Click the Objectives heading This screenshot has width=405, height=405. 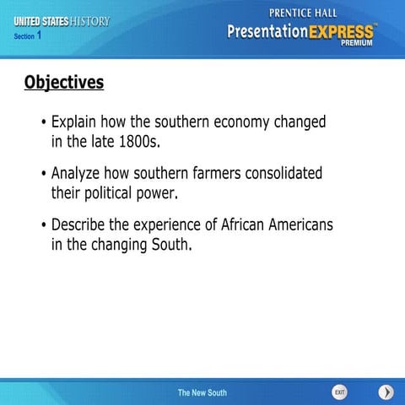tap(64, 82)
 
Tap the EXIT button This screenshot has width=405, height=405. tap(339, 392)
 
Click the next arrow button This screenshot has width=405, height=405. tap(386, 392)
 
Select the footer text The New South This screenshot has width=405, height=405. tap(202, 393)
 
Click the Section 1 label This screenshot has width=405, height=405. tap(28, 36)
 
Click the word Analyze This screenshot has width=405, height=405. tap(78, 173)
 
